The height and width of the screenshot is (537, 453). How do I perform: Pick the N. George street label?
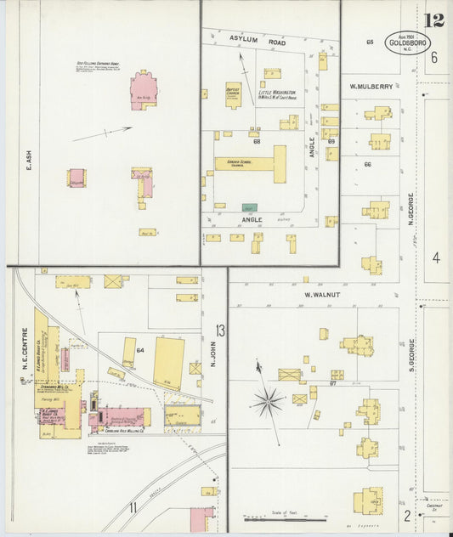click(411, 209)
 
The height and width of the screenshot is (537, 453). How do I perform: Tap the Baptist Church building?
click(234, 93)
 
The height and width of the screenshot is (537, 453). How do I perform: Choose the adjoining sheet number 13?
click(220, 330)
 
